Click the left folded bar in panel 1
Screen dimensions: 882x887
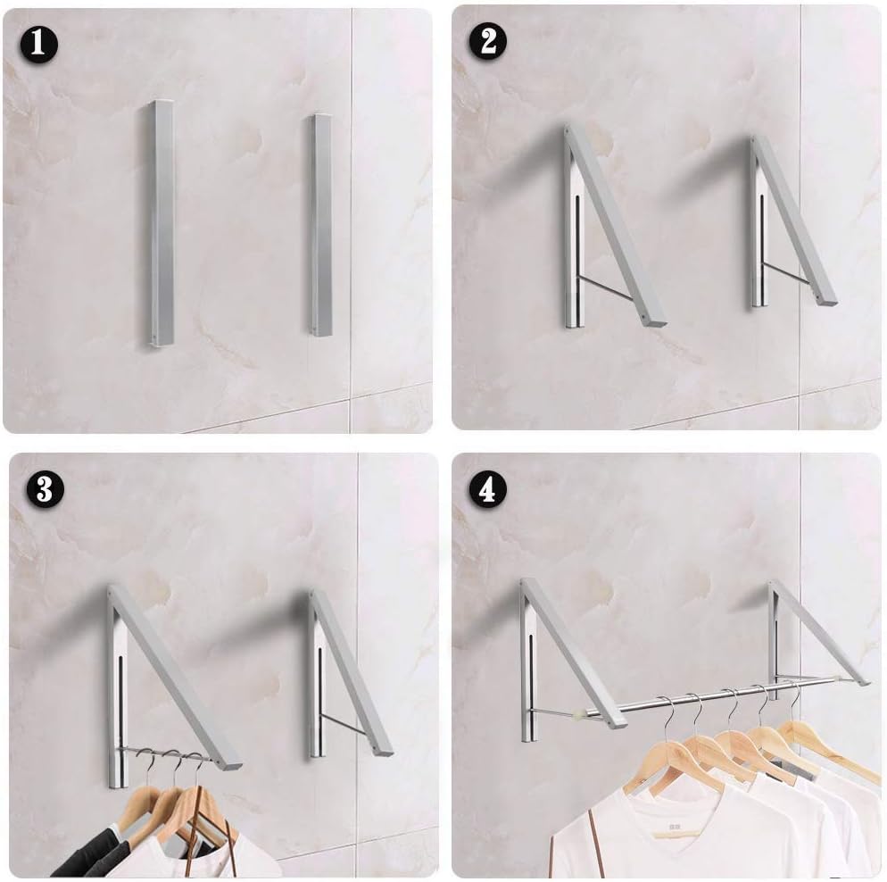pos(162,223)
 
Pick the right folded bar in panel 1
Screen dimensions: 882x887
pos(321,225)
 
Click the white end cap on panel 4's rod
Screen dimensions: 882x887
pos(585,712)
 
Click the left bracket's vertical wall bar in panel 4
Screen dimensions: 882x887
pos(529,678)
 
